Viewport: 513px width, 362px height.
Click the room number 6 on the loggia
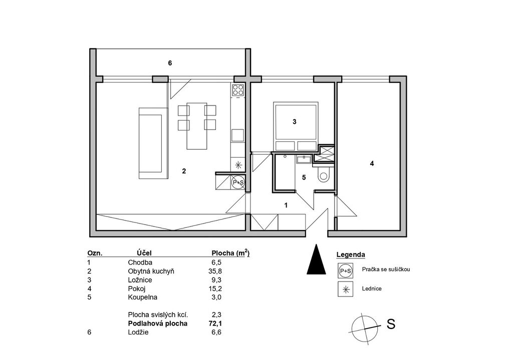pos(170,63)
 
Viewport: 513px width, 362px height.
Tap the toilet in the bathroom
pos(324,174)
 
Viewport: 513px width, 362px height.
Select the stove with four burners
pos(238,90)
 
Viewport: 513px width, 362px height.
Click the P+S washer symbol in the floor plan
pos(238,182)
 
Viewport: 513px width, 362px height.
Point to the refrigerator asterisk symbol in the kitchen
pos(238,164)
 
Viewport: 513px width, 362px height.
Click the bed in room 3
pos(296,126)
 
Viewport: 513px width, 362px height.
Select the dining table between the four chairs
pos(197,125)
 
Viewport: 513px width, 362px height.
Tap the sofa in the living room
pos(153,143)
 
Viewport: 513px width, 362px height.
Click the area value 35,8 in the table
pos(215,271)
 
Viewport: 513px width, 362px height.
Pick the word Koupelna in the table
pos(142,297)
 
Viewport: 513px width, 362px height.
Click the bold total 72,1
pos(215,323)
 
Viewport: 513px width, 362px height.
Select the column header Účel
pos(144,253)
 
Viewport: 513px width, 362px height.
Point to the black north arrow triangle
pos(317,259)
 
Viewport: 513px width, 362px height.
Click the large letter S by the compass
pos(391,324)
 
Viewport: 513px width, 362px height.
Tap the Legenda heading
pos(351,254)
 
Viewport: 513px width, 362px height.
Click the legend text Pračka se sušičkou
pos(386,269)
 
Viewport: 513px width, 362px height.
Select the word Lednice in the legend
pos(372,288)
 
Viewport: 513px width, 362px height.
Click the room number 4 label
pos(372,163)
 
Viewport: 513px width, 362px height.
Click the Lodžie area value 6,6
pos(216,332)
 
